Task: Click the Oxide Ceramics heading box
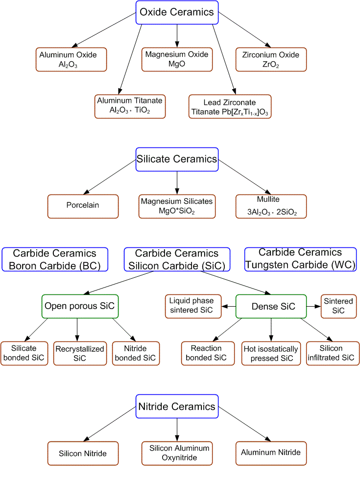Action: [177, 12]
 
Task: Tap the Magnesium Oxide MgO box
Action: [177, 59]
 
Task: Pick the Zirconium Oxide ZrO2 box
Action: [271, 59]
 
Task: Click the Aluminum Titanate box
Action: [130, 106]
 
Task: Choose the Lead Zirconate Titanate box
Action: [230, 107]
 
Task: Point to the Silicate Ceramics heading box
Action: [177, 159]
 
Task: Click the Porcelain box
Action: [83, 206]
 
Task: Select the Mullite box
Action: [271, 206]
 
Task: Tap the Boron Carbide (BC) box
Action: [55, 259]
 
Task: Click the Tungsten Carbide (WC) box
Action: [300, 259]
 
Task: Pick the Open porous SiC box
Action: [81, 306]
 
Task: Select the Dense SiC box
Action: [271, 306]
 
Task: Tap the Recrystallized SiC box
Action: [79, 353]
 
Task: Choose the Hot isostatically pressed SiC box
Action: [271, 353]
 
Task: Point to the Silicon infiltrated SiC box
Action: [331, 353]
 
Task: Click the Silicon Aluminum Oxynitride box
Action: [177, 453]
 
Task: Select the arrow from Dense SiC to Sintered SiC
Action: [313, 306]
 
